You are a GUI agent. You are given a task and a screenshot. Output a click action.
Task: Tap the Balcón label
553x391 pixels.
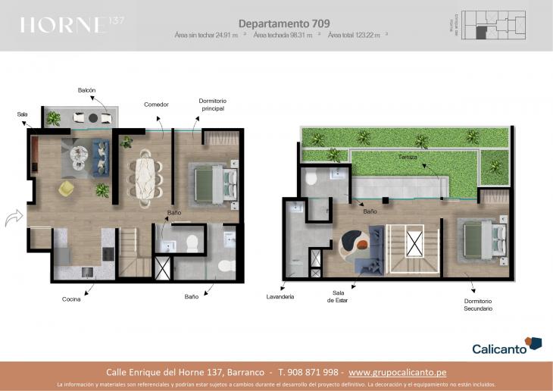(x=86, y=90)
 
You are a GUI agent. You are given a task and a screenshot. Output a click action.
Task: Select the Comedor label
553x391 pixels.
(x=156, y=105)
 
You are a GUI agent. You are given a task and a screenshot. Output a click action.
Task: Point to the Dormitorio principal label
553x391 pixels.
(x=212, y=105)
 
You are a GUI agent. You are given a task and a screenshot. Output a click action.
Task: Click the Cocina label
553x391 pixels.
(x=71, y=299)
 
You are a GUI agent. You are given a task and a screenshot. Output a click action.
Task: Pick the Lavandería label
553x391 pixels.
(x=280, y=296)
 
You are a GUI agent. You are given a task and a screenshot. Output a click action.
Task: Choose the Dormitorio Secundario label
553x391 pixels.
(x=478, y=305)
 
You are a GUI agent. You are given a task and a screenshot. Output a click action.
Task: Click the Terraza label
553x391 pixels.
(x=409, y=157)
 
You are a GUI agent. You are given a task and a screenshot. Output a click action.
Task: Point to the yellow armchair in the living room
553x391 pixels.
(x=67, y=187)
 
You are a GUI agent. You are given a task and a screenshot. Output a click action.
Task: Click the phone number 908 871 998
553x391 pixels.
(x=310, y=372)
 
